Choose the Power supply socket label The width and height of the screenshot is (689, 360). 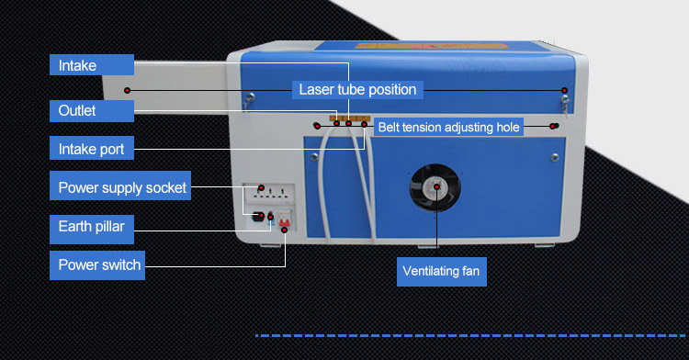click(120, 188)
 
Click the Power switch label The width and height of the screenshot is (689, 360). click(99, 265)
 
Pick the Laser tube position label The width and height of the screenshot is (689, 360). click(357, 89)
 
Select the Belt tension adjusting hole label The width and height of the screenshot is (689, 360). click(449, 127)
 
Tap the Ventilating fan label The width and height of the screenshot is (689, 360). click(441, 272)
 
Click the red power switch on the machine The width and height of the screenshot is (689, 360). click(284, 220)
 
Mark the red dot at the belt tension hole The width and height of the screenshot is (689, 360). click(553, 126)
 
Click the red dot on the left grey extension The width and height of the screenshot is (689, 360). click(127, 89)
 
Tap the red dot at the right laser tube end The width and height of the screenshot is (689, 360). click(564, 89)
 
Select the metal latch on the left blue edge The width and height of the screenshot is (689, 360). click(247, 100)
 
